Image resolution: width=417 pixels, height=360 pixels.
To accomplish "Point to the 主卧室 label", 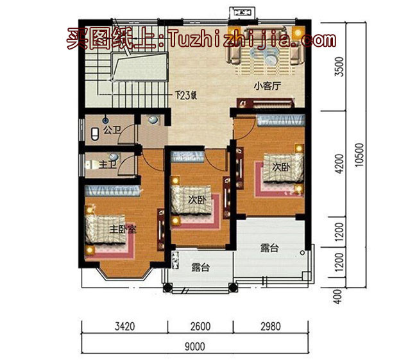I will point(121,229).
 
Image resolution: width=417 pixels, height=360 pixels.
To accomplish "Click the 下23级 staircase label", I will point(185,98).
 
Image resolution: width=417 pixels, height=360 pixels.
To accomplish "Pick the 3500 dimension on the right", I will point(340,67).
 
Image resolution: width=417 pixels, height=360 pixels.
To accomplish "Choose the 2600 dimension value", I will point(200,327).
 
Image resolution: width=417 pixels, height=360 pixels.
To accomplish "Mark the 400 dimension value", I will point(340,295).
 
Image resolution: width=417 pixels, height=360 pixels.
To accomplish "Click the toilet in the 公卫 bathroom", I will point(96,133).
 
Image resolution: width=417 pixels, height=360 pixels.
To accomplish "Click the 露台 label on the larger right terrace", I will point(269,248).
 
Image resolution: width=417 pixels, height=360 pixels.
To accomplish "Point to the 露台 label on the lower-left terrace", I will point(201,268).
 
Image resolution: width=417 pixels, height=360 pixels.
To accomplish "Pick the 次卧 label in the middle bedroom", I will point(196,200).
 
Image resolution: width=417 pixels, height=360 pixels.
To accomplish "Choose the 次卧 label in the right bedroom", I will point(281,167).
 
